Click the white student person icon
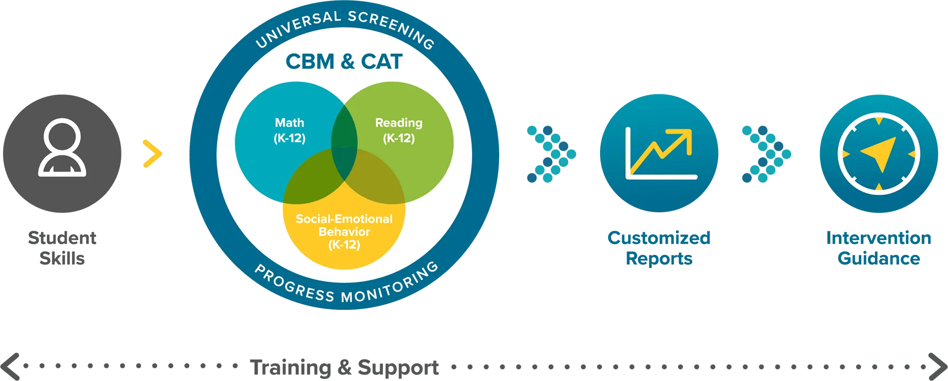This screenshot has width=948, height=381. coord(62,148)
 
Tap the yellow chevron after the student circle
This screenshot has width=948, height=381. coord(152,153)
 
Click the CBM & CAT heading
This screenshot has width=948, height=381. coord(344,62)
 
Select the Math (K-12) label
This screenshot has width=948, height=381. coord(290,130)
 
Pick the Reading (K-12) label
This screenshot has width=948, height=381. coord(399,130)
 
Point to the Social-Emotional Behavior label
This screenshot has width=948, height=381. coord(344,232)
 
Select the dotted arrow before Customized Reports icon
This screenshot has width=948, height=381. coord(551,154)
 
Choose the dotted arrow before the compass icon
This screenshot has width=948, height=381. coord(766,154)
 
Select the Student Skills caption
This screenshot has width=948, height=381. coord(63,248)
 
